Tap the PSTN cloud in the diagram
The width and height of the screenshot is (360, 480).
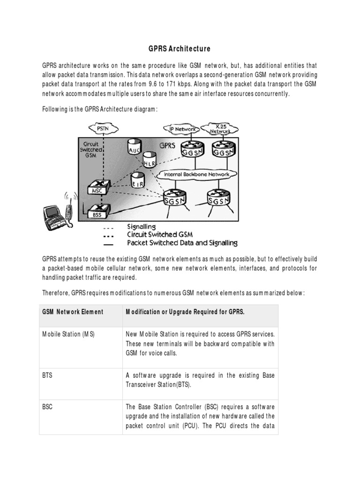(102, 127)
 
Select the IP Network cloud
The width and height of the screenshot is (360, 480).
(180, 128)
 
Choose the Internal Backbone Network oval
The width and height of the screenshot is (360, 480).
(196, 174)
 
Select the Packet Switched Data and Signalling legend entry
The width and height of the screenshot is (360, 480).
(182, 243)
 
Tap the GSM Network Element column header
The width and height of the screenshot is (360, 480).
(73, 312)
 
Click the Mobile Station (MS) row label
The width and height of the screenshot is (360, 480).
(68, 334)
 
